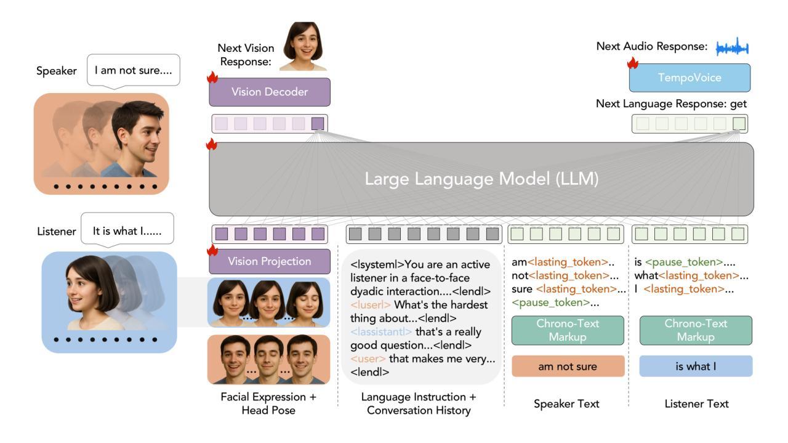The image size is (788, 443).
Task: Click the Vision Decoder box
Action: [270, 92]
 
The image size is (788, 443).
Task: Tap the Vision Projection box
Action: [270, 261]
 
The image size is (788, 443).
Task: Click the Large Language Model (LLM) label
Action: [481, 179]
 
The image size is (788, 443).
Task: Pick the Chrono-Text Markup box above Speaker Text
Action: [567, 330]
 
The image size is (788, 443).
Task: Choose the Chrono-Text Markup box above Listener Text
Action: [696, 330]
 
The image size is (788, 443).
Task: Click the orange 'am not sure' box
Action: [567, 367]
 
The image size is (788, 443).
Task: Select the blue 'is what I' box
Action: [696, 367]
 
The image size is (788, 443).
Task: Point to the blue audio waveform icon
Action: [732, 47]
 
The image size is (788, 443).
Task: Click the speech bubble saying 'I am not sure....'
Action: [134, 71]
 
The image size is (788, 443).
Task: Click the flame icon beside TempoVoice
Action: [632, 63]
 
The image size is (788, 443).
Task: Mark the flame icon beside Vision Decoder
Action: [212, 78]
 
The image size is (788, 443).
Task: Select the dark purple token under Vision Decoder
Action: [318, 123]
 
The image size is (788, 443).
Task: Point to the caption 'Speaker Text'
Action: [567, 404]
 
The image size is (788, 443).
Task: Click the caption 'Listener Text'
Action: [696, 404]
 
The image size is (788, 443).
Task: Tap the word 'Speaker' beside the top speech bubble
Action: [57, 71]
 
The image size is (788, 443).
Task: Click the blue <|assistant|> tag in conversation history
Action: [381, 331]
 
